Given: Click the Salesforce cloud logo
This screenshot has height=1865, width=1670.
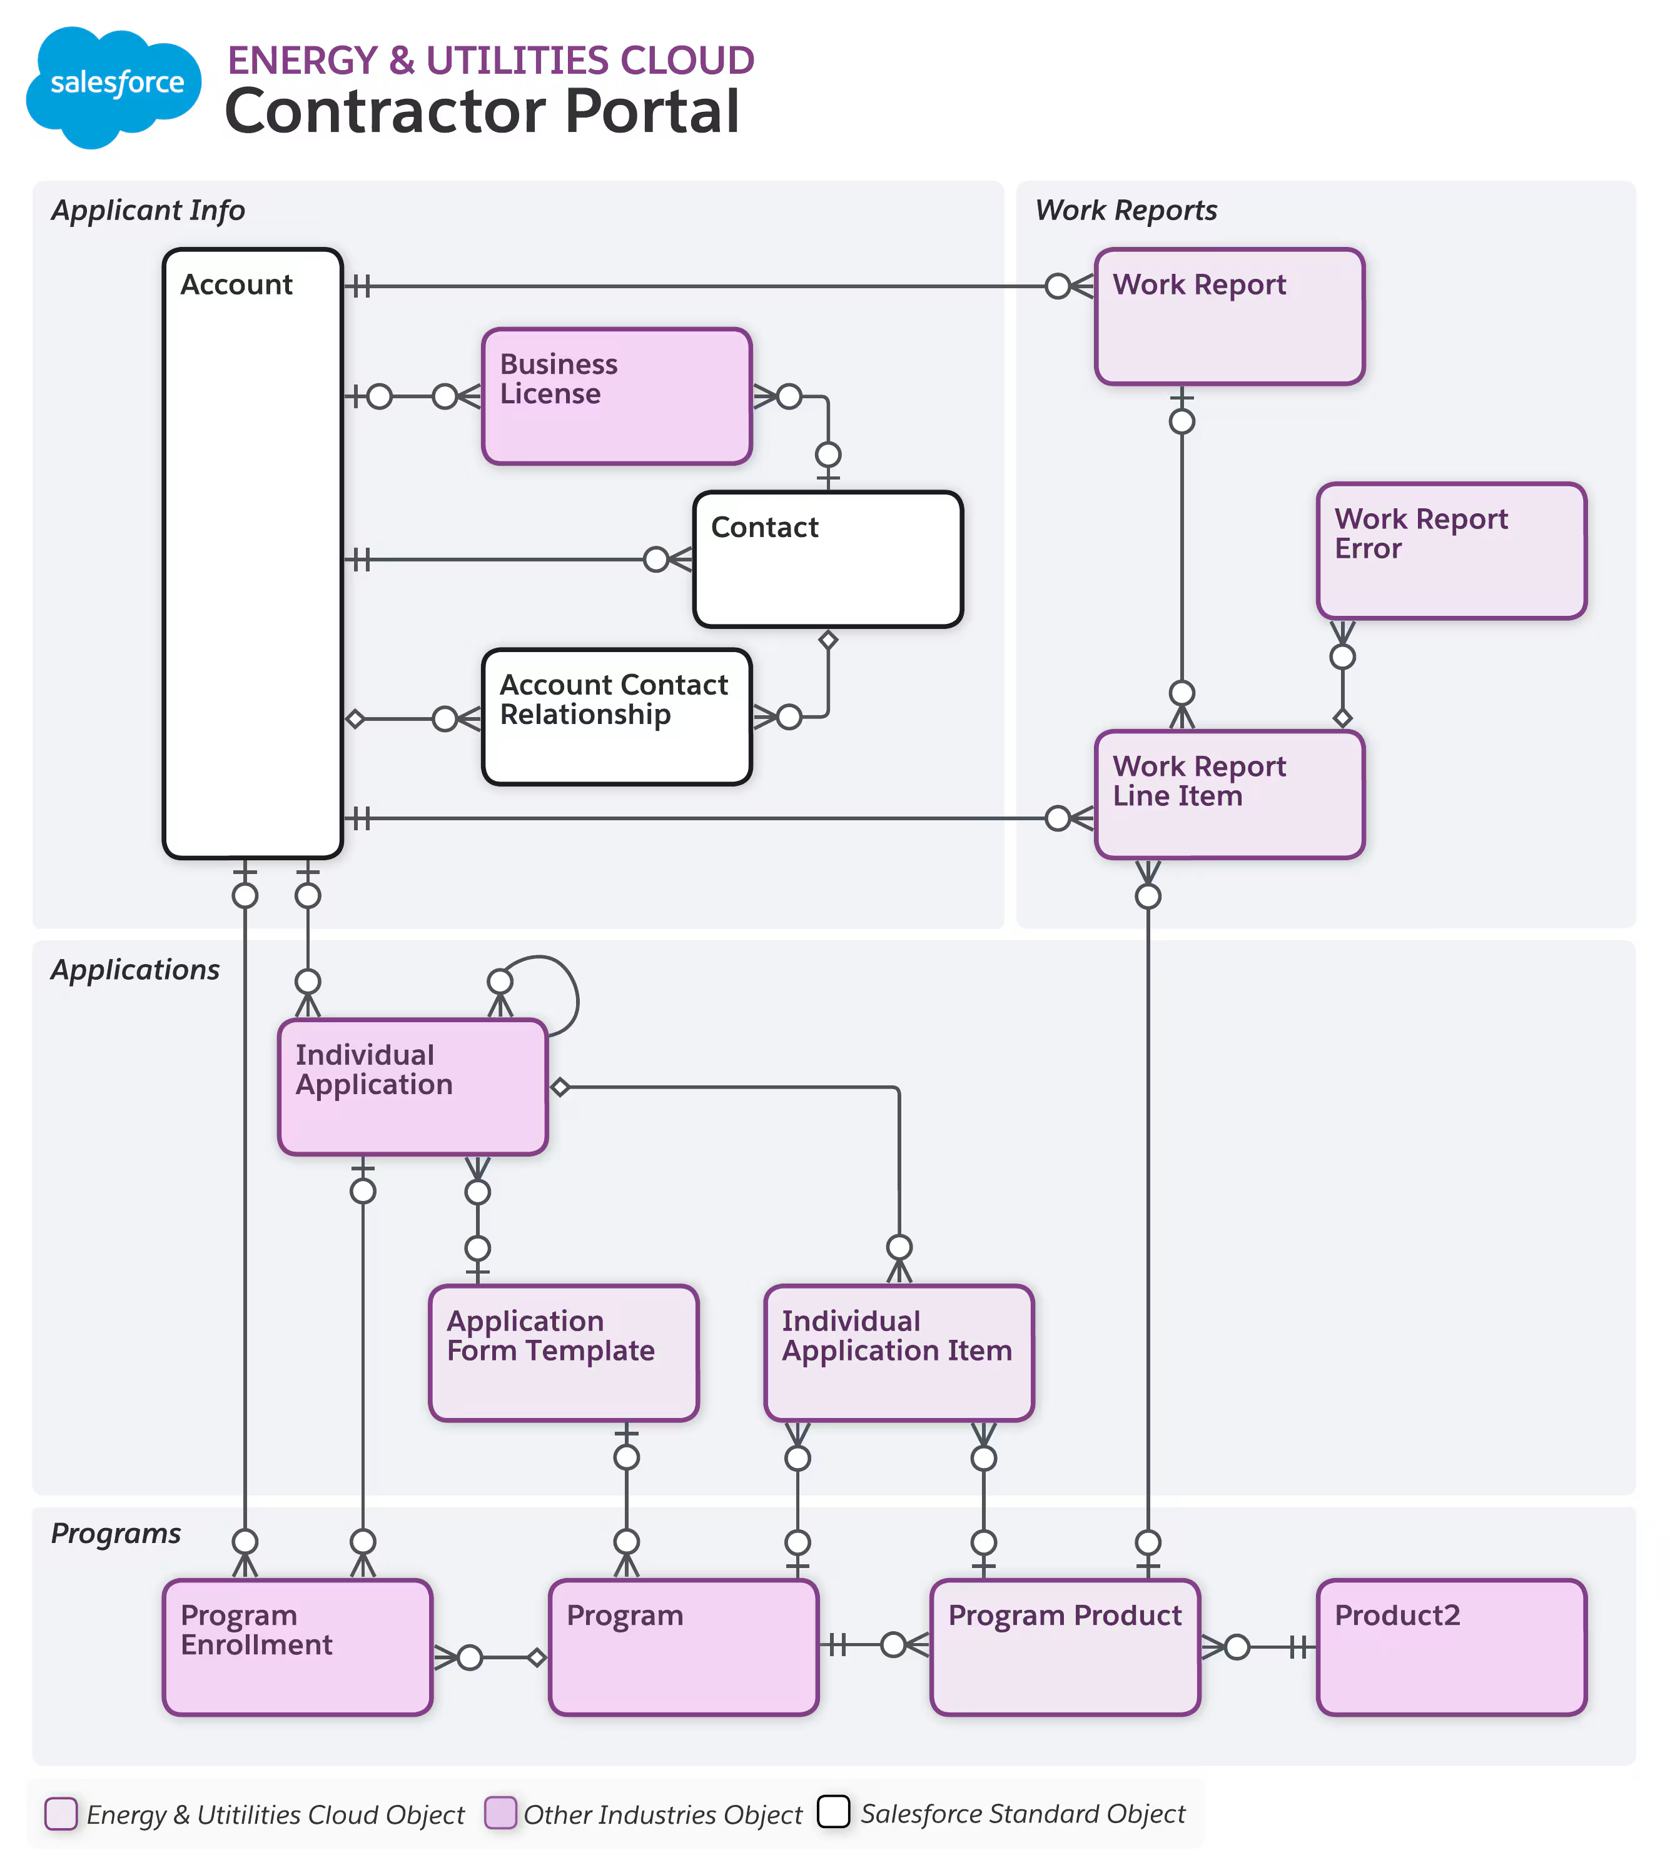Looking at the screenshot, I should tap(114, 86).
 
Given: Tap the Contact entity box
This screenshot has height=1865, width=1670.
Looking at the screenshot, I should tap(827, 559).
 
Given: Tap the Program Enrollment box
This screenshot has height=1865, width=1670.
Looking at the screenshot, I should tap(297, 1647).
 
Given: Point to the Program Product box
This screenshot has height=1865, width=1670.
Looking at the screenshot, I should tap(1065, 1647).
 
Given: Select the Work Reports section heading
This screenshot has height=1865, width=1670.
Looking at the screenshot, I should tap(1125, 210).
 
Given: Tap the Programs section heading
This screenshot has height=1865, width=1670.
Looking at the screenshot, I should tap(116, 1533).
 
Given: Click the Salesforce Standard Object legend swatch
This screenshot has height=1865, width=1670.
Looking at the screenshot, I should tap(832, 1812).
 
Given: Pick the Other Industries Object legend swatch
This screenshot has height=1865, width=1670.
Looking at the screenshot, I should tap(500, 1812).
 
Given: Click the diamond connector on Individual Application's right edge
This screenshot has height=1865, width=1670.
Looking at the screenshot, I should tap(560, 1087).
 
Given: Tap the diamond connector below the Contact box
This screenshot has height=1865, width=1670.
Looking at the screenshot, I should tap(827, 640).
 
